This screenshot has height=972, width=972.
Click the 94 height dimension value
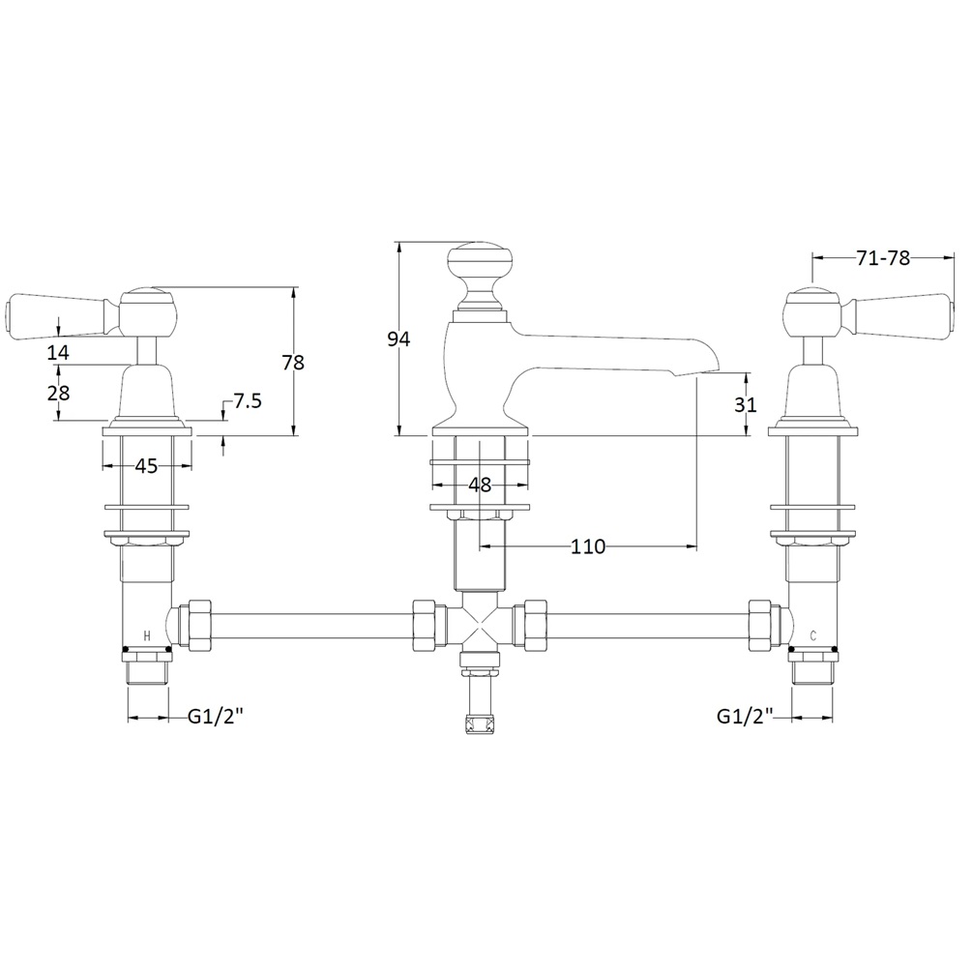(398, 339)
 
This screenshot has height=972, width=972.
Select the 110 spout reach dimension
(588, 546)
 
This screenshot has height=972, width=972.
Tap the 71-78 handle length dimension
(883, 258)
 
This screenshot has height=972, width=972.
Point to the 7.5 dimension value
(248, 401)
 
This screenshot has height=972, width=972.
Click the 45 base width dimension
(146, 465)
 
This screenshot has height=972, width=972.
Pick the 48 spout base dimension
(480, 485)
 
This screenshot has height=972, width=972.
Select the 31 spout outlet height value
(745, 404)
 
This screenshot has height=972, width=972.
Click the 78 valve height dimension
(293, 362)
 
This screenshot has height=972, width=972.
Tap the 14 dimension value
(58, 353)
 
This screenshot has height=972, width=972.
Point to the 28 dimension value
(58, 393)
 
